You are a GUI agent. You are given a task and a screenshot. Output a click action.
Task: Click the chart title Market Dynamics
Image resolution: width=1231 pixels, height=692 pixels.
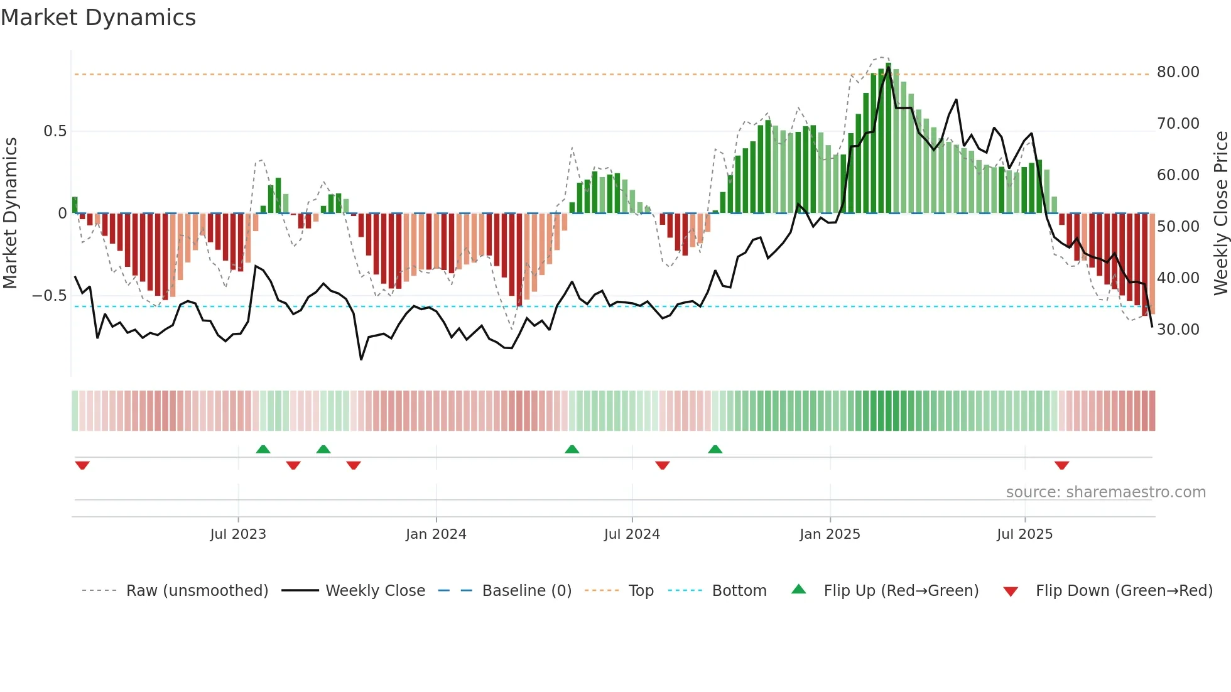98,18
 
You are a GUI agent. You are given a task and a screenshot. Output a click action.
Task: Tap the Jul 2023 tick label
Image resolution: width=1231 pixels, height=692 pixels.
238,534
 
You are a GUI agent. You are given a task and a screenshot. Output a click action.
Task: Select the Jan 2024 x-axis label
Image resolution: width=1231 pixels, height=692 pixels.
436,534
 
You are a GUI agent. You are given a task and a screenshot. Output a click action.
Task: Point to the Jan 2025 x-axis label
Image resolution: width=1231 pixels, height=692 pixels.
830,534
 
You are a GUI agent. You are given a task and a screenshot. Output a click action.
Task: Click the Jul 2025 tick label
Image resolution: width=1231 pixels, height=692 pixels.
1024,534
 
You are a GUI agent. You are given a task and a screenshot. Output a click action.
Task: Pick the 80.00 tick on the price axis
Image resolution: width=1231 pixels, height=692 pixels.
1178,72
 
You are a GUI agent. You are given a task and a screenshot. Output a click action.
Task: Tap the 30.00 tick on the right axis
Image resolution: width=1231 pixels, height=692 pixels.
1178,330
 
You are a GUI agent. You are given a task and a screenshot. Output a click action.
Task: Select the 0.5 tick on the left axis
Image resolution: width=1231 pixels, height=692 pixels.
55,131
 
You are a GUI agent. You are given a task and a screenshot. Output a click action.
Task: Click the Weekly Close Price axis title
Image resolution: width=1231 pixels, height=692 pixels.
1220,214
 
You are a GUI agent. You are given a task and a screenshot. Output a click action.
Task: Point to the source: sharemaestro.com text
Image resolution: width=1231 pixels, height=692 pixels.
1105,492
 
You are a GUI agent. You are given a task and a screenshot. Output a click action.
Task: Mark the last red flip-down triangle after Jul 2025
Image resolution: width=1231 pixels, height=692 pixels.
1061,465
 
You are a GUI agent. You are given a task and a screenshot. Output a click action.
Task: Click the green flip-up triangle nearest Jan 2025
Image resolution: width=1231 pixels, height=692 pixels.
715,449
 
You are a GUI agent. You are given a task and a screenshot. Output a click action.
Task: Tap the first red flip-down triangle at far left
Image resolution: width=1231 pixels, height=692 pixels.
82,465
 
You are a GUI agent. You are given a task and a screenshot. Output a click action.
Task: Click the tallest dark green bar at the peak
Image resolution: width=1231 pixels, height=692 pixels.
888,138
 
